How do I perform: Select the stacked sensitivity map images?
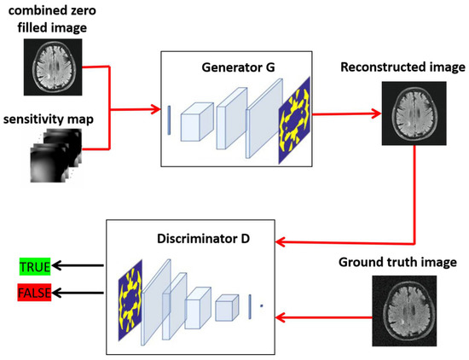click(x=53, y=158)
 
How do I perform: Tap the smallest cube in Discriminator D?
click(x=226, y=308)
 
